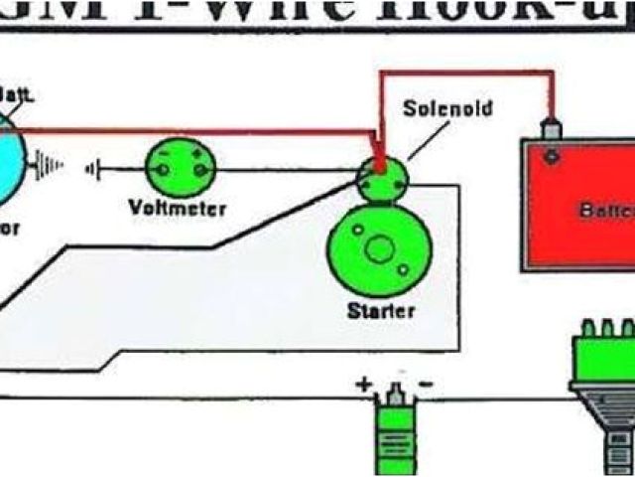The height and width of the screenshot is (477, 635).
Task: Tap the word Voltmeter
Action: pyautogui.click(x=178, y=208)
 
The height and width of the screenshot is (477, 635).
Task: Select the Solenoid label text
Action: pyautogui.click(x=447, y=107)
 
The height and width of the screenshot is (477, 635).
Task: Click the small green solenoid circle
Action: pyautogui.click(x=382, y=177)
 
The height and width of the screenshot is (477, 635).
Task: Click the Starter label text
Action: pyautogui.click(x=380, y=310)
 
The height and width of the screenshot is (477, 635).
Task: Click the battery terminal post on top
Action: pyautogui.click(x=545, y=129)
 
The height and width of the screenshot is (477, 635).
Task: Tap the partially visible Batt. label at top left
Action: pyautogui.click(x=18, y=94)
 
